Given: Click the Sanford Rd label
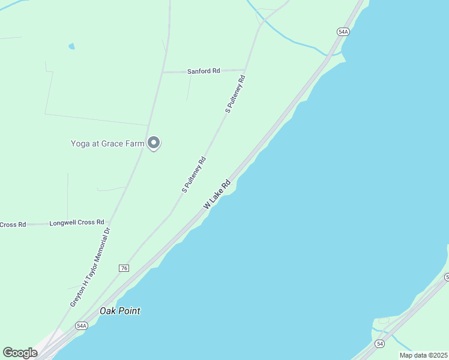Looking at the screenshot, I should [x=203, y=71].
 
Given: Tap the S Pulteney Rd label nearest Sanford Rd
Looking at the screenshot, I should [x=235, y=94].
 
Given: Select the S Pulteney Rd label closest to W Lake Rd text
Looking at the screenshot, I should [x=194, y=175].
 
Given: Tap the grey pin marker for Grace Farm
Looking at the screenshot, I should [x=154, y=143].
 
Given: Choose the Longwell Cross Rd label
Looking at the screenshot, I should [x=77, y=222].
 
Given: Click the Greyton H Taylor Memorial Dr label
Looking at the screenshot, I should [x=91, y=267].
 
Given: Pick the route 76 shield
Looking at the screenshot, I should [x=124, y=268].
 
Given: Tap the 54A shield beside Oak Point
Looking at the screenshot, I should [x=82, y=326].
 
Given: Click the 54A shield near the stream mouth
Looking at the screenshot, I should [x=343, y=32].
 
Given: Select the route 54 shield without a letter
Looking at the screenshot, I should [x=379, y=344].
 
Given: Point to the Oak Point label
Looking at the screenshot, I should [x=121, y=311].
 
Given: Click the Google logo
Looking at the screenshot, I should [x=20, y=353].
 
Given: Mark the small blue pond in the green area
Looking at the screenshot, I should [x=72, y=46].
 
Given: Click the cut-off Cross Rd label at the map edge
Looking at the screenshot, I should [x=13, y=224].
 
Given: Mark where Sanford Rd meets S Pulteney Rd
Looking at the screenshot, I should [x=245, y=70].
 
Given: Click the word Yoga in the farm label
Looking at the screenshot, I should [x=80, y=143].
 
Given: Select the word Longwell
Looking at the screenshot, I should [x=63, y=222].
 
